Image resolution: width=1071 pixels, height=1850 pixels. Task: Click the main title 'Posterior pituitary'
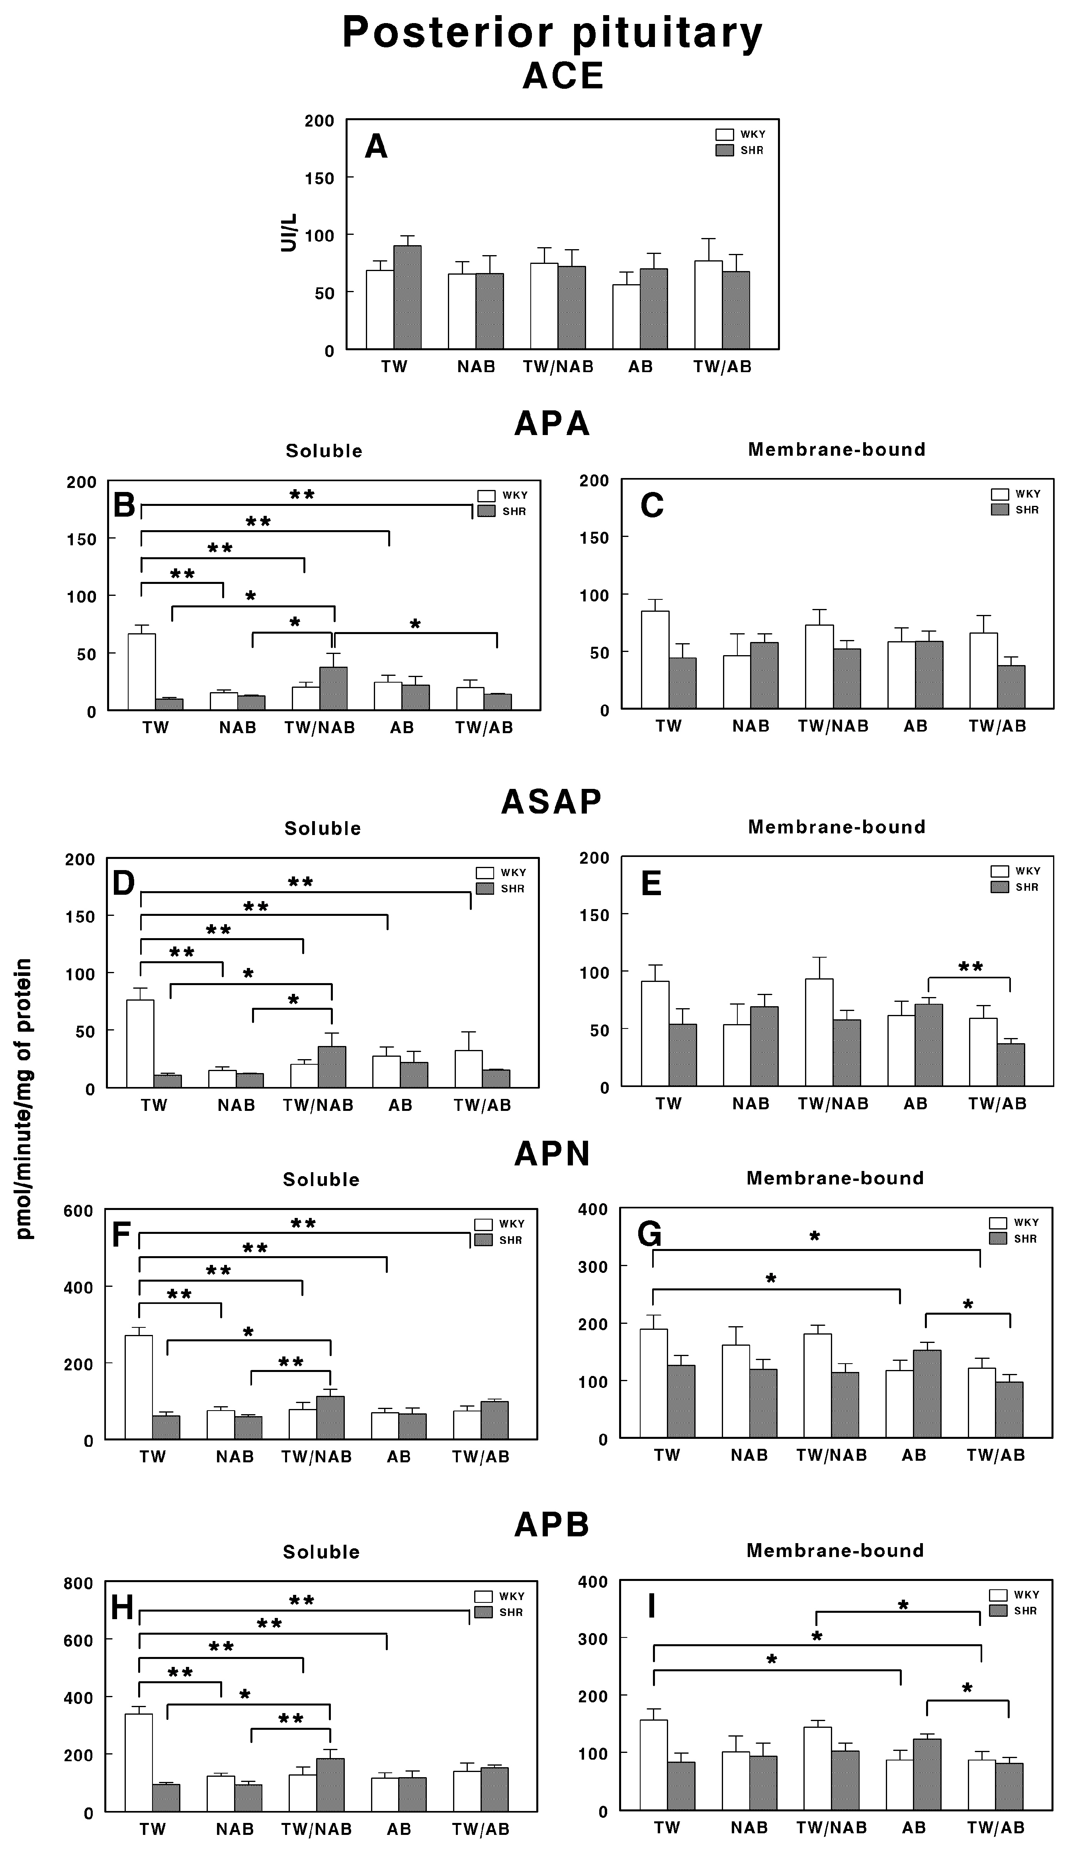click(x=552, y=33)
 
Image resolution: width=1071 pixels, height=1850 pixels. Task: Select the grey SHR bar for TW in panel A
click(x=408, y=297)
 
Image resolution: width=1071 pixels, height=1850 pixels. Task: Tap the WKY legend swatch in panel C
click(x=1000, y=494)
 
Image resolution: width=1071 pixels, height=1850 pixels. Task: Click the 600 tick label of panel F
click(x=78, y=1210)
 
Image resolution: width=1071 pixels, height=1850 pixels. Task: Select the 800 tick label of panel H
click(x=78, y=1583)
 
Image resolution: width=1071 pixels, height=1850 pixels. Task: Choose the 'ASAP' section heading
click(x=551, y=802)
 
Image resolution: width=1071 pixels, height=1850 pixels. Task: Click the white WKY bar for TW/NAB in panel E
click(x=819, y=1032)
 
